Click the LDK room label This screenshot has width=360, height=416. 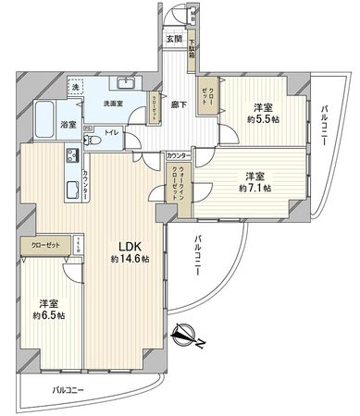128,246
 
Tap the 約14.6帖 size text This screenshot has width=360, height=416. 128,259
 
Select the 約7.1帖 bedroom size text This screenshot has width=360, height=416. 253,188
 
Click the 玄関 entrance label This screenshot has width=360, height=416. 173,39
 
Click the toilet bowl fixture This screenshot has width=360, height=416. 92,141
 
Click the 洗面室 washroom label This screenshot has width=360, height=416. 115,104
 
